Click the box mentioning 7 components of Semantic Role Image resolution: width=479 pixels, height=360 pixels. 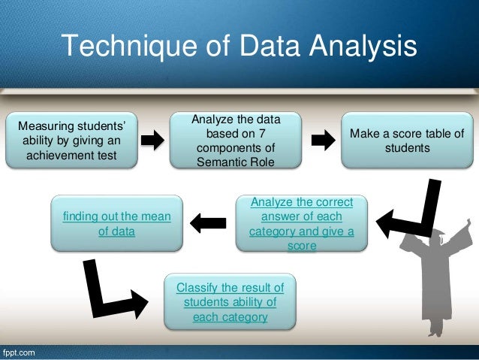[x=236, y=141]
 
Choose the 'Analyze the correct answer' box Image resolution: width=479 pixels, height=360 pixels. [x=301, y=224]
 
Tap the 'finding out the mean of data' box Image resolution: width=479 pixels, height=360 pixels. [x=116, y=224]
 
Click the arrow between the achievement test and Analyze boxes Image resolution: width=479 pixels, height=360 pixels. [x=152, y=140]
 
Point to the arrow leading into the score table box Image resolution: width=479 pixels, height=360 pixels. [x=324, y=140]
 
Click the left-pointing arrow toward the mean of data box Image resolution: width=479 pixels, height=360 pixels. [x=208, y=221]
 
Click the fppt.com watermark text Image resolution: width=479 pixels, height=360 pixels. [x=18, y=352]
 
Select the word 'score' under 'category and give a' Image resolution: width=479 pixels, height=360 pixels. [x=301, y=246]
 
